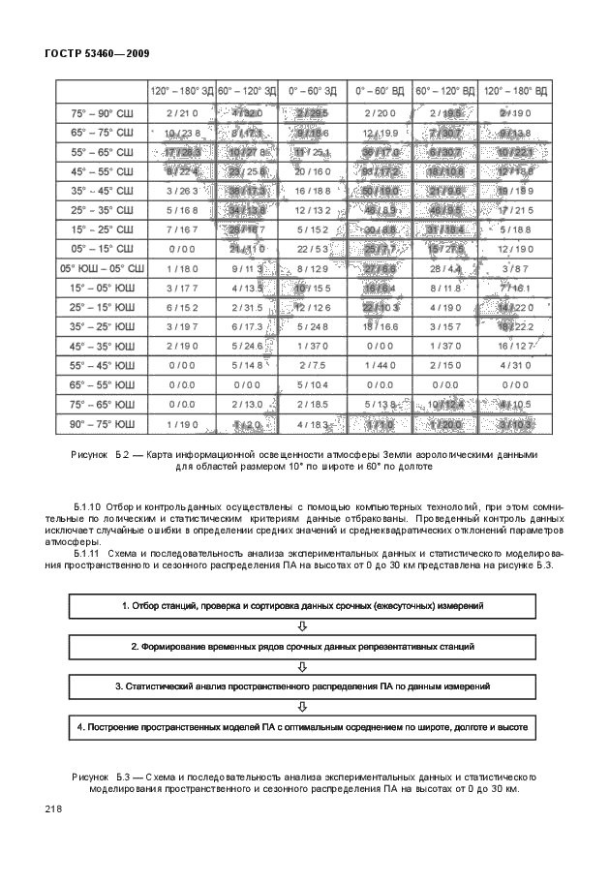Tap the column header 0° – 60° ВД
(380, 92)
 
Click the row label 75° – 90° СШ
(102, 113)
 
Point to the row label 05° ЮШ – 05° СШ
(102, 267)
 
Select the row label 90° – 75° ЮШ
(102, 424)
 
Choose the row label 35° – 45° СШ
(102, 191)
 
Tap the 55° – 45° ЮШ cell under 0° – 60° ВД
(380, 365)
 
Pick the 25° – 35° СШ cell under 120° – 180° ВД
(514, 210)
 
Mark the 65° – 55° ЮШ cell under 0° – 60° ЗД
(312, 384)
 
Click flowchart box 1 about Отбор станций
(302, 605)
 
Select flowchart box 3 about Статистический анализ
(302, 686)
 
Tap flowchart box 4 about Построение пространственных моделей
(302, 726)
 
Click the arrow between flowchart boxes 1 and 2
(302, 625)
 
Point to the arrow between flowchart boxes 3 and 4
(302, 706)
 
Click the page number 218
(53, 809)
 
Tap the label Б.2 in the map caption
(123, 454)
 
